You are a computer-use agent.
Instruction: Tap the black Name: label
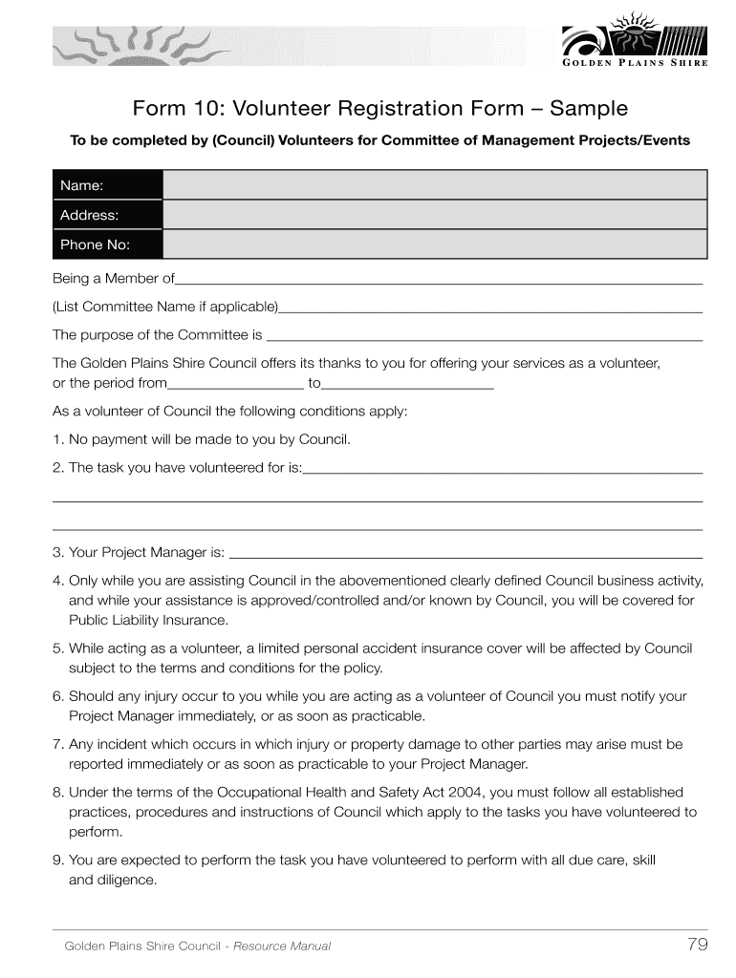coord(107,185)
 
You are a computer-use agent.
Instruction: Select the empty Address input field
coord(435,215)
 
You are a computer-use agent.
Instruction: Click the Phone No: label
coord(107,244)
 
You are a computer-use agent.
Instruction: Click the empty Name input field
coord(435,185)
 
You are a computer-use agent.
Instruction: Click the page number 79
coord(697,946)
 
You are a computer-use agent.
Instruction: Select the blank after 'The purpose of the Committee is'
coord(484,336)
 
